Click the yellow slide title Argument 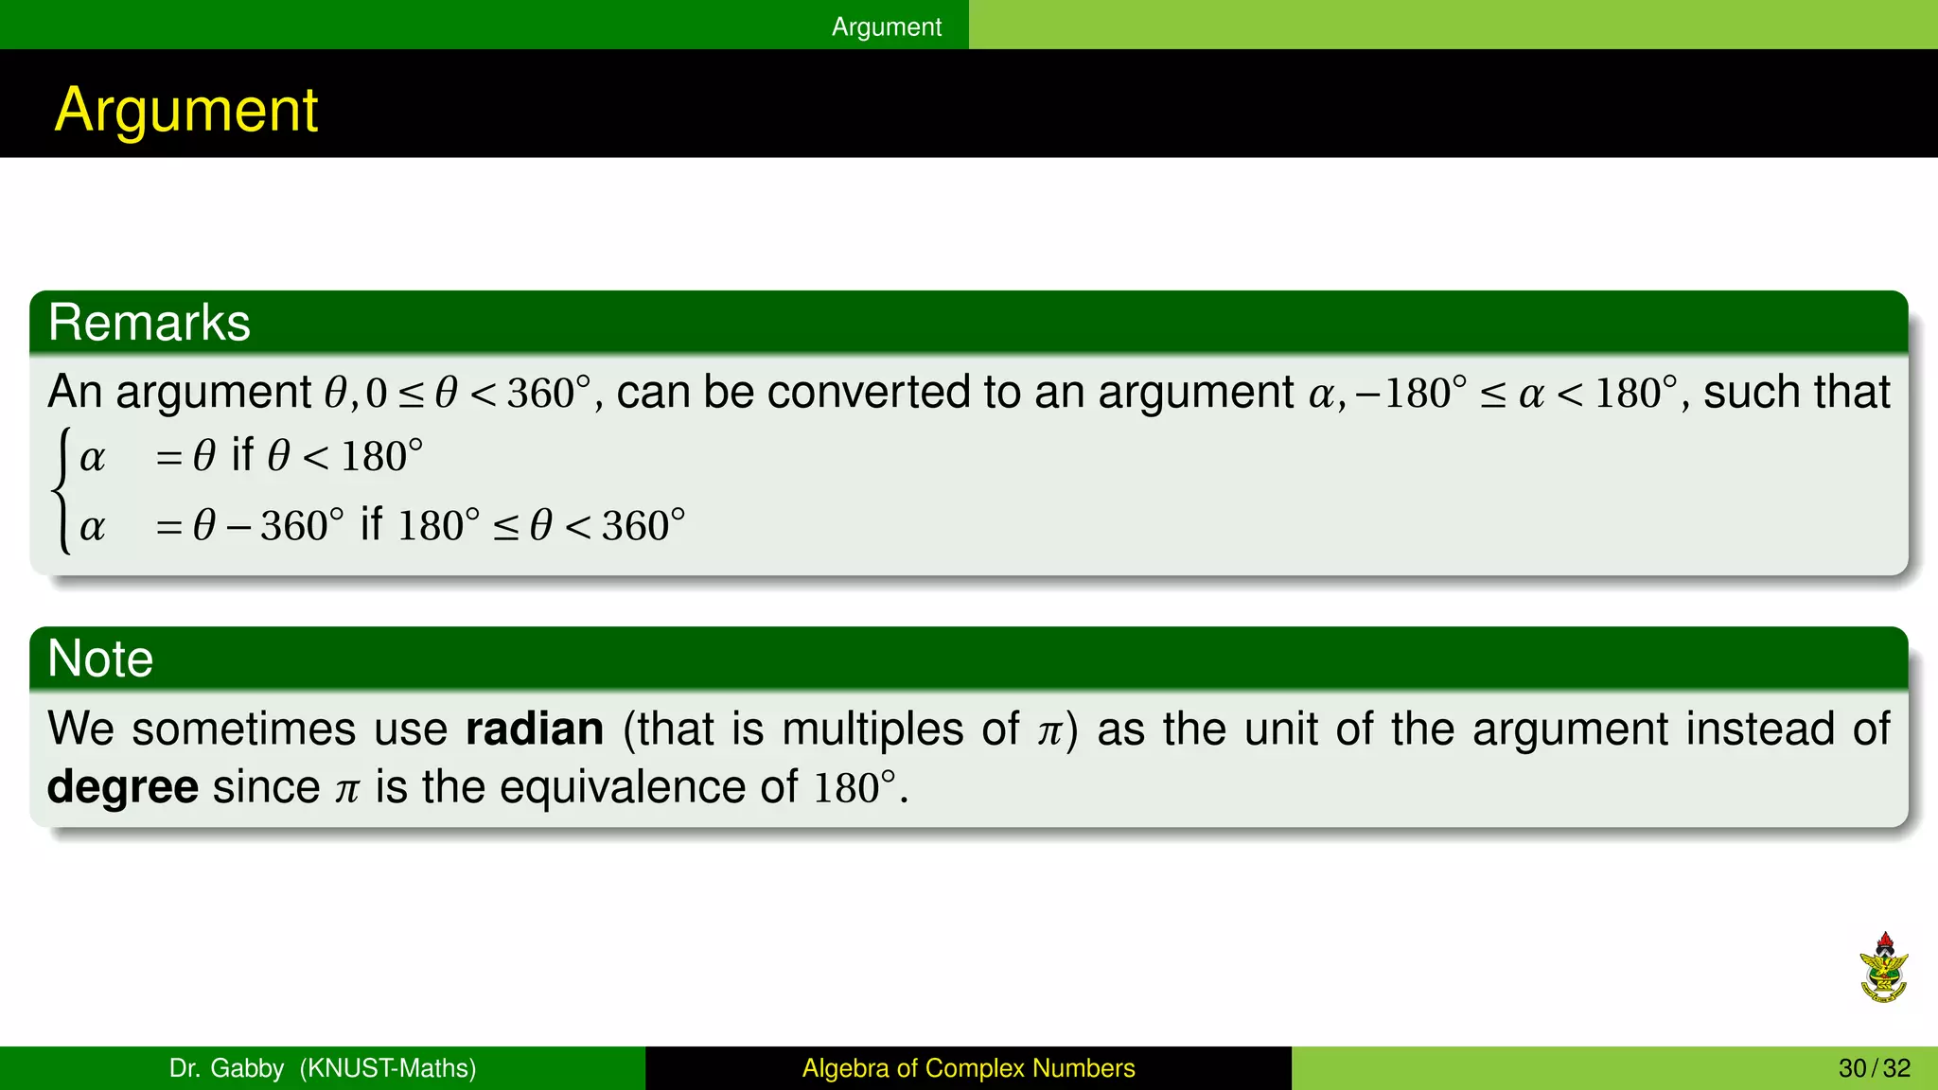tap(186, 110)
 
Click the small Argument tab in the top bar tap(886, 26)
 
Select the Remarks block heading tap(150, 323)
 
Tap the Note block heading tap(100, 659)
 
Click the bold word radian tap(535, 729)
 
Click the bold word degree tap(123, 787)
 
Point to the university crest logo tap(1883, 968)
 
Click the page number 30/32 tap(1874, 1068)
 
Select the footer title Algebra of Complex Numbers tap(968, 1068)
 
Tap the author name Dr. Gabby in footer tap(226, 1068)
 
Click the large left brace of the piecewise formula tap(62, 490)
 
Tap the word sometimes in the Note tap(242, 729)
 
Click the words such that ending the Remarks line tap(1796, 392)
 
